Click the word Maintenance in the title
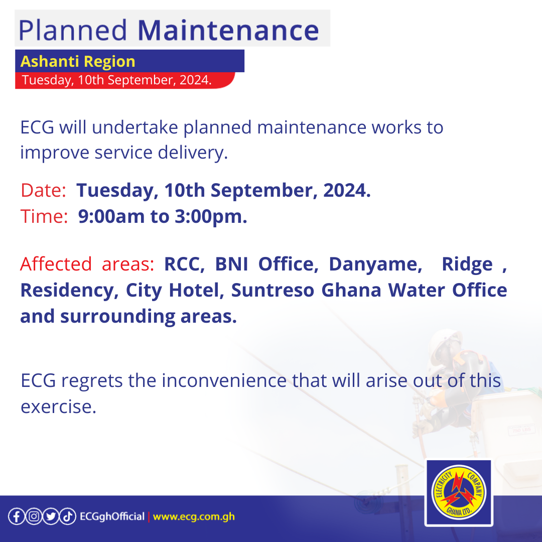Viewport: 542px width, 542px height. (x=228, y=30)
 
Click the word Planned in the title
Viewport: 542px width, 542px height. (x=73, y=30)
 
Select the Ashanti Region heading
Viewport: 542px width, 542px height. (x=78, y=61)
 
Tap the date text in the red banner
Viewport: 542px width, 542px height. (x=116, y=80)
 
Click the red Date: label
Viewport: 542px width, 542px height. (x=43, y=191)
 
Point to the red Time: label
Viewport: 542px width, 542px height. (x=44, y=217)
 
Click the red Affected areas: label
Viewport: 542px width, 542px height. (x=87, y=264)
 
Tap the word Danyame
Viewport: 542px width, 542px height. (x=375, y=264)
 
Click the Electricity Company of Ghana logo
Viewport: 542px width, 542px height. (x=458, y=492)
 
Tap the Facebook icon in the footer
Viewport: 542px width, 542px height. (x=16, y=516)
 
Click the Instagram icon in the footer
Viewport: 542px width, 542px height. (x=33, y=516)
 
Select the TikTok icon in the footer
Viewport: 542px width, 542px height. (x=68, y=516)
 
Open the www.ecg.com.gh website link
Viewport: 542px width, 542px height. (x=194, y=516)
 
